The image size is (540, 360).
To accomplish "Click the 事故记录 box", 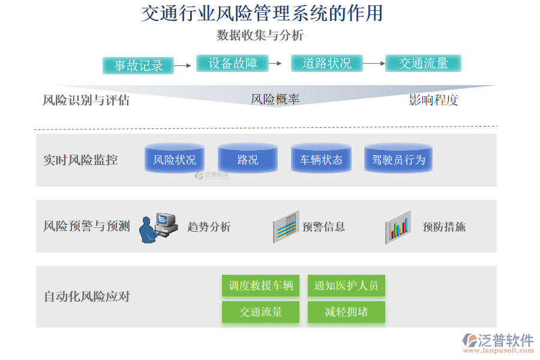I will point(139,65).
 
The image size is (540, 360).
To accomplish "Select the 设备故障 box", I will point(233,63).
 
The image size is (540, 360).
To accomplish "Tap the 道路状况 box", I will point(327,63).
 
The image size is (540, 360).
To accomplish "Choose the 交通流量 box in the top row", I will point(423,63).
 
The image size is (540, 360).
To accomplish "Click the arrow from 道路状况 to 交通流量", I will point(373,63).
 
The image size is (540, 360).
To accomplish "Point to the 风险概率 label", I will point(275,100).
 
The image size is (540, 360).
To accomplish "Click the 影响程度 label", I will point(433,100).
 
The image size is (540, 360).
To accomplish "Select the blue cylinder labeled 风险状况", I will point(175,159).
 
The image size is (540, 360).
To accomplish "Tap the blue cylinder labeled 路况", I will point(248,159).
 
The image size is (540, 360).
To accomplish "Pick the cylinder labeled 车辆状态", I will point(321,159).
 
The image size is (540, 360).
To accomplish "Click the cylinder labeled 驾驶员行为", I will point(398,159).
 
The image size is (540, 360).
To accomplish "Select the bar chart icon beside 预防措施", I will point(398,227).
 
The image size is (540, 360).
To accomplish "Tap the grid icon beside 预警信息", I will point(286,227).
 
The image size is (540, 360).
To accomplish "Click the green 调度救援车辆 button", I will point(260,286).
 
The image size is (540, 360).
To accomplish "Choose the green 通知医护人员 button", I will point(346,286).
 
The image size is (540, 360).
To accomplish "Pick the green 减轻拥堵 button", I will point(346,312).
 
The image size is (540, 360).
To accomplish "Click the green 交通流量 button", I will point(260,312).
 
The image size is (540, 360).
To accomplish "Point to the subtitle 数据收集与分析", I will point(260,35).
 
